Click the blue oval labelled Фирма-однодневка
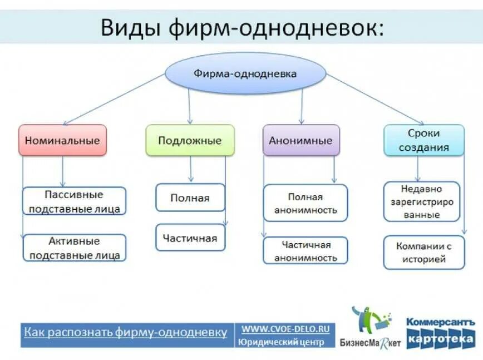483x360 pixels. pyautogui.click(x=245, y=73)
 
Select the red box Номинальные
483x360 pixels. pyautogui.click(x=62, y=140)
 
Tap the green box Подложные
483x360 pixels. pyautogui.click(x=190, y=140)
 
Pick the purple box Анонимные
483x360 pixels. pyautogui.click(x=300, y=140)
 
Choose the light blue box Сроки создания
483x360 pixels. pyautogui.click(x=423, y=140)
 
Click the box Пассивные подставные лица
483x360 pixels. pyautogui.click(x=74, y=201)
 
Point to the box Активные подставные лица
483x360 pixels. pyautogui.click(x=74, y=248)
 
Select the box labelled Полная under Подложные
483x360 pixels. pyautogui.click(x=190, y=198)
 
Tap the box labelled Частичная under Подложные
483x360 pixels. pyautogui.click(x=190, y=238)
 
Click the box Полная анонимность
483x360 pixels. pyautogui.click(x=305, y=203)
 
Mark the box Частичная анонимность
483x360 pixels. pyautogui.click(x=305, y=250)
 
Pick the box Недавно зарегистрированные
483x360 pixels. pyautogui.click(x=422, y=201)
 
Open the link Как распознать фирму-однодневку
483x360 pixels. pyautogui.click(x=125, y=332)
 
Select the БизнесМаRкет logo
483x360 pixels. pyautogui.click(x=370, y=328)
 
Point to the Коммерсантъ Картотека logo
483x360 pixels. pyautogui.click(x=440, y=333)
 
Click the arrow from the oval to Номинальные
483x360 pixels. pyautogui.click(x=114, y=99)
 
